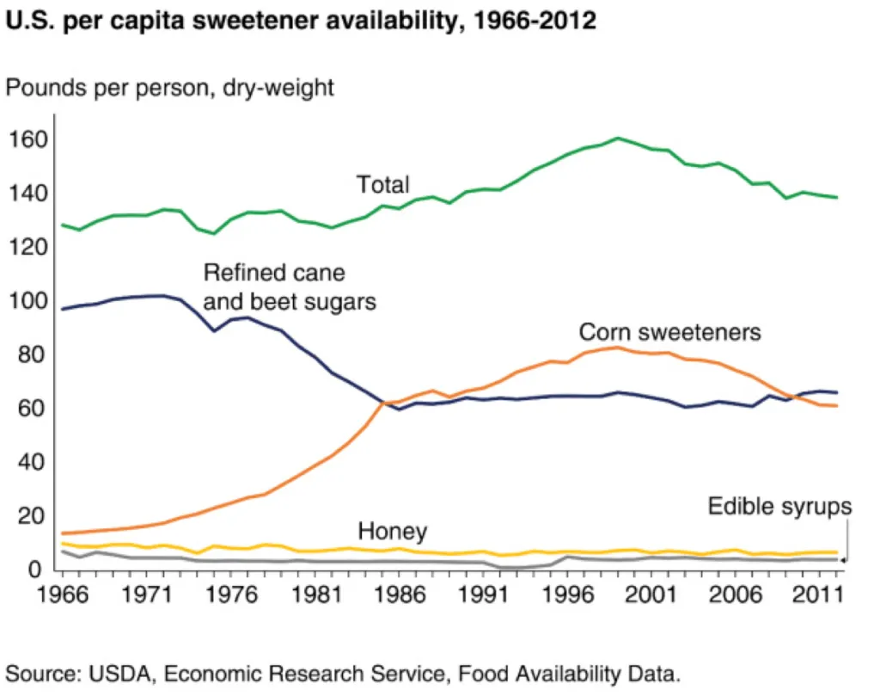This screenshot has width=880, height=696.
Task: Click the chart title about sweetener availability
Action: coord(301,22)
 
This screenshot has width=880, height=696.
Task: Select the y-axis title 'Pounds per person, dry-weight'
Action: coord(170,87)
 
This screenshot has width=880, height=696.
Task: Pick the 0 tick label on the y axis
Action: coord(35,570)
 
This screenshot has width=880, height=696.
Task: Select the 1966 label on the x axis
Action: coord(62,594)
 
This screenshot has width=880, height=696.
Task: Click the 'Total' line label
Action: coord(383,184)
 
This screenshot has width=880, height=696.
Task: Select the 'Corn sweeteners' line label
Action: coord(670,332)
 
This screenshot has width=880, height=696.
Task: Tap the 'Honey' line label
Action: coord(393,531)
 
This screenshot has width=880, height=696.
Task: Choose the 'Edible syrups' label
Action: coord(779,507)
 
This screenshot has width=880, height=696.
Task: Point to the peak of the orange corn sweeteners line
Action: coord(616,348)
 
